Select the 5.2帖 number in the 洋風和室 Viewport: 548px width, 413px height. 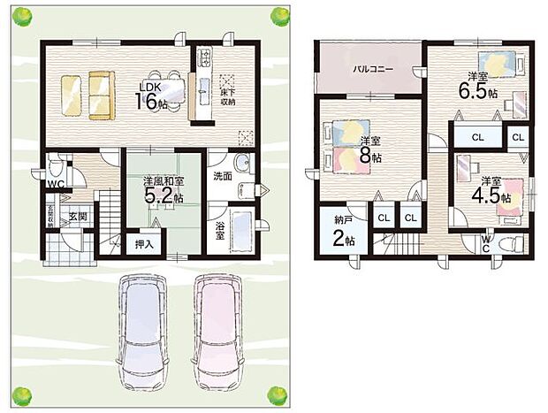pos(164,195)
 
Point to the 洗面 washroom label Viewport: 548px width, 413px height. pos(223,176)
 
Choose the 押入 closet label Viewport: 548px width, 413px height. pos(141,242)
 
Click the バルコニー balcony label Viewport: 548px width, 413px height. pos(372,68)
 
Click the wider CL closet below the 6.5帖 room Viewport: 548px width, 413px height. pos(476,137)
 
